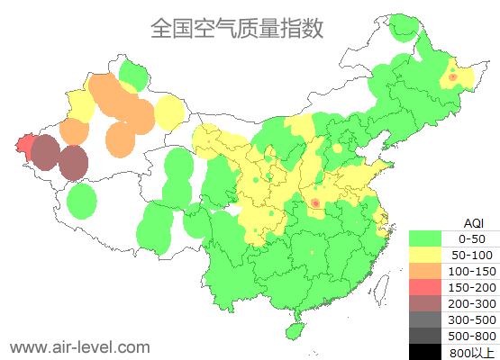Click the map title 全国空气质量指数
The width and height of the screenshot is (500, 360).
coord(237,28)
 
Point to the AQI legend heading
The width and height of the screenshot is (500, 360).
coord(473,221)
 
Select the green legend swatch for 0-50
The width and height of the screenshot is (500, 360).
coord(425,238)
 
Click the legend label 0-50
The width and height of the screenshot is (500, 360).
coord(471,238)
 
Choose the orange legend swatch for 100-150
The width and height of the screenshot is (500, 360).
coord(425,271)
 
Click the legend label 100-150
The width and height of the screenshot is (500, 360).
coord(471,271)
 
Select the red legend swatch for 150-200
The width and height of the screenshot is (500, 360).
coord(425,287)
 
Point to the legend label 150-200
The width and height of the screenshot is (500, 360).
coord(471,287)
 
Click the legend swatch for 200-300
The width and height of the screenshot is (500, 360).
coord(425,303)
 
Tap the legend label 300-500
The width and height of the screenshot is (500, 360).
coord(471,319)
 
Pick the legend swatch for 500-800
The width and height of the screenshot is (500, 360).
coord(425,336)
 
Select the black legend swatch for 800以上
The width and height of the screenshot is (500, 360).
coord(425,352)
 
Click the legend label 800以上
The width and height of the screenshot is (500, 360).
coord(471,352)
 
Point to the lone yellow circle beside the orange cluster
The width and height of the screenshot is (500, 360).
coord(168,112)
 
